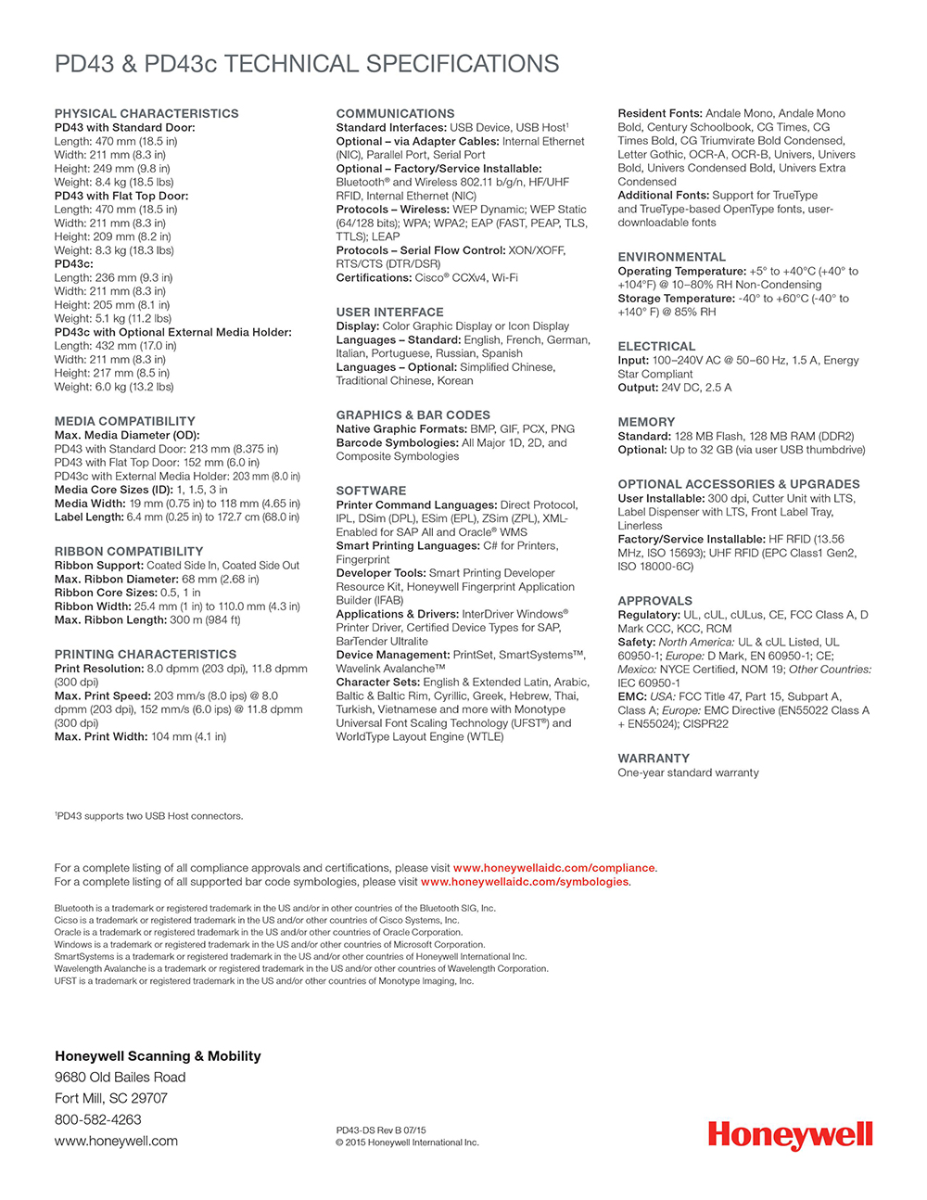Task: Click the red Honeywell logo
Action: click(790, 1135)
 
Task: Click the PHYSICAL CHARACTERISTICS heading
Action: click(146, 113)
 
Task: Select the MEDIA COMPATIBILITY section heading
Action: click(125, 421)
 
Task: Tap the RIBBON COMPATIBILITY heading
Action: click(129, 551)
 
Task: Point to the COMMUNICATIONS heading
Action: click(395, 113)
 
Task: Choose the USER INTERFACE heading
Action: click(389, 313)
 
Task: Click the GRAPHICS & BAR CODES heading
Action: click(413, 415)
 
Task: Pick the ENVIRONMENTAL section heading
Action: click(672, 257)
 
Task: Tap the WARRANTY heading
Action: click(654, 759)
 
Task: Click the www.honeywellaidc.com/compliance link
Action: click(554, 868)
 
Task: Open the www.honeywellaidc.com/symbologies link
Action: click(525, 882)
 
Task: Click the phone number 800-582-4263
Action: click(98, 1119)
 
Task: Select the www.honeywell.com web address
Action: click(116, 1141)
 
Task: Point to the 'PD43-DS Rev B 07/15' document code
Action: click(381, 1130)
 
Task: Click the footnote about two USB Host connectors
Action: click(149, 816)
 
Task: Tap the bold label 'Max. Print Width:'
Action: click(101, 736)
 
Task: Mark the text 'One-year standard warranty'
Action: click(688, 772)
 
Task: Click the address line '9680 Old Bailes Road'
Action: click(121, 1077)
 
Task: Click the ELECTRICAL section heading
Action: click(656, 346)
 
